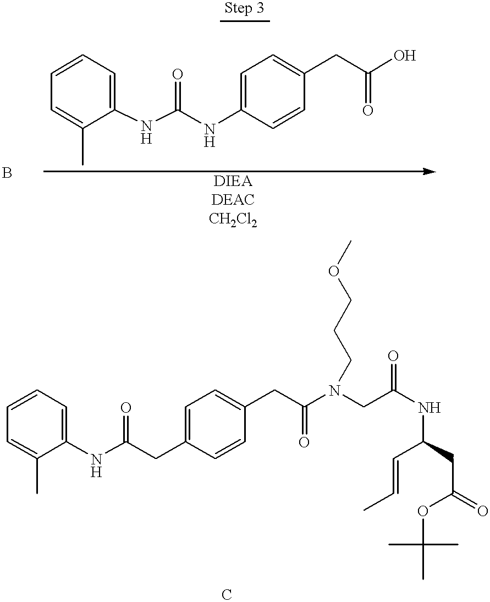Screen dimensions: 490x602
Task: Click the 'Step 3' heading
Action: pyautogui.click(x=244, y=8)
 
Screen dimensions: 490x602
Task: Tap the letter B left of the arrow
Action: pyautogui.click(x=7, y=173)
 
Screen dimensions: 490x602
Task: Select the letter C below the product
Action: pyautogui.click(x=227, y=594)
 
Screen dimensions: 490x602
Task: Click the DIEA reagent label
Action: pyautogui.click(x=233, y=181)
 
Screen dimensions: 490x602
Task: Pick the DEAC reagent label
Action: pyautogui.click(x=233, y=199)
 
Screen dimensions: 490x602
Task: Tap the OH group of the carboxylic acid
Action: pyautogui.click(x=404, y=56)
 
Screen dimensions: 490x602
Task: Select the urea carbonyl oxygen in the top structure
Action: pyautogui.click(x=177, y=74)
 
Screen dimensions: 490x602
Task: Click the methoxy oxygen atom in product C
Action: pyautogui.click(x=334, y=271)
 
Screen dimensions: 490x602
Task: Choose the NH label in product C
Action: pyautogui.click(x=429, y=408)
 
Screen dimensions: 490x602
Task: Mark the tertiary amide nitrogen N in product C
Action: pyautogui.click(x=335, y=391)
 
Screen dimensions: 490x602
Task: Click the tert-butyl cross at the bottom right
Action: pyautogui.click(x=423, y=544)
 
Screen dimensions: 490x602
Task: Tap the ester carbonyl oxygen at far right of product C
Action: pyautogui.click(x=482, y=511)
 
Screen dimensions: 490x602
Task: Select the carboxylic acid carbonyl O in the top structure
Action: pyautogui.click(x=368, y=111)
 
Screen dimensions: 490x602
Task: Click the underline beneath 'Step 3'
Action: pyautogui.click(x=245, y=20)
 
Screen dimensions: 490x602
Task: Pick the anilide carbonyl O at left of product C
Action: pyautogui.click(x=125, y=407)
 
